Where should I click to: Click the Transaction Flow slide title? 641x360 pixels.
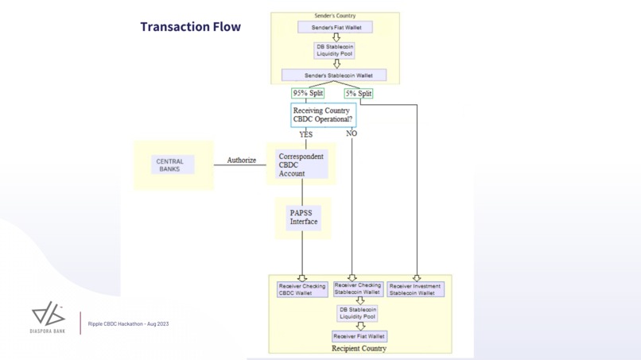pyautogui.click(x=190, y=27)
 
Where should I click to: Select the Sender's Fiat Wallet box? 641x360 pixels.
pyautogui.click(x=335, y=28)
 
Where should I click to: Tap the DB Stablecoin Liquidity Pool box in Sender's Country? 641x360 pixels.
pyautogui.click(x=335, y=50)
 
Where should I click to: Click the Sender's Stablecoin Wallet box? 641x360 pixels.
pyautogui.click(x=334, y=75)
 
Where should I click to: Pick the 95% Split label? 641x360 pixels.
pyautogui.click(x=308, y=93)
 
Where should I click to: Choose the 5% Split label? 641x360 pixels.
pyautogui.click(x=358, y=93)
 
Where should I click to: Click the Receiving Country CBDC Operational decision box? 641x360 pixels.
pyautogui.click(x=322, y=115)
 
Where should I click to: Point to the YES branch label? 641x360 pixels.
pyautogui.click(x=305, y=134)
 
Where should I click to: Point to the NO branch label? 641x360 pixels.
pyautogui.click(x=352, y=134)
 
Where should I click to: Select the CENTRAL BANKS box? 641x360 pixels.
pyautogui.click(x=170, y=165)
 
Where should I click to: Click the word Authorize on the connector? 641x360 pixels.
pyautogui.click(x=242, y=161)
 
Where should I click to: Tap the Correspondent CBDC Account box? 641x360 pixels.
pyautogui.click(x=301, y=165)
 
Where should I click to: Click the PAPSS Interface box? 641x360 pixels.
pyautogui.click(x=303, y=217)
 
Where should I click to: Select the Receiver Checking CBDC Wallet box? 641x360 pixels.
pyautogui.click(x=301, y=289)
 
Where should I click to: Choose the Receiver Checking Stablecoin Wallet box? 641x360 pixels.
pyautogui.click(x=358, y=288)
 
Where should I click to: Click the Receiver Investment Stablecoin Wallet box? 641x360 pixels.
pyautogui.click(x=416, y=289)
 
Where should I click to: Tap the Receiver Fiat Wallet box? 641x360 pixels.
pyautogui.click(x=359, y=336)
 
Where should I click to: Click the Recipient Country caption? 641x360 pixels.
pyautogui.click(x=359, y=348)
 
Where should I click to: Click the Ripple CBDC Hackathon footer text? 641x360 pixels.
pyautogui.click(x=128, y=324)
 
